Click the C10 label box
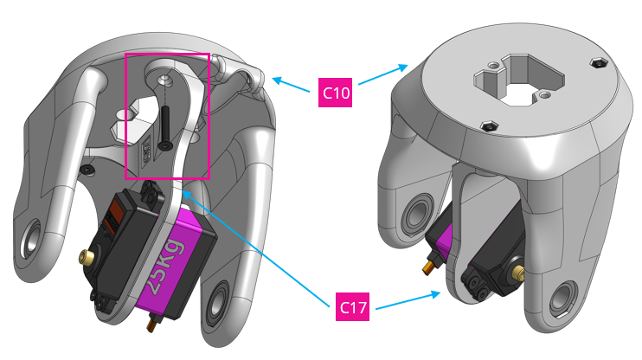[x=336, y=92]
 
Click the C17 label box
[x=353, y=306]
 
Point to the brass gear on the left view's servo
[x=87, y=257]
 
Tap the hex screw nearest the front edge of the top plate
[x=489, y=127]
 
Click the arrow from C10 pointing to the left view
[x=292, y=84]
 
